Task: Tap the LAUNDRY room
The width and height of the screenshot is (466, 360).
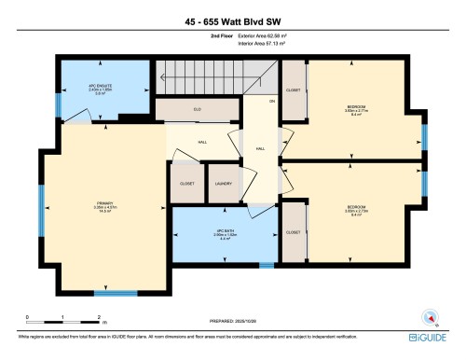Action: coord(224,184)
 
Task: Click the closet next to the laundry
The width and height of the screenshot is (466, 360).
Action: coord(186,184)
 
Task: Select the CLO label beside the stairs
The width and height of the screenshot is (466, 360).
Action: coord(198,109)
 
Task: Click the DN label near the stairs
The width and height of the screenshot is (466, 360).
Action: coord(272,100)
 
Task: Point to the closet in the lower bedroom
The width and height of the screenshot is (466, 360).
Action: coord(295,231)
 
